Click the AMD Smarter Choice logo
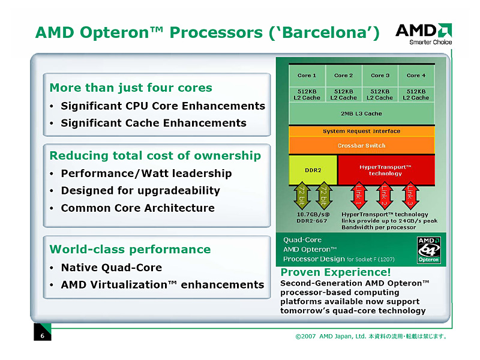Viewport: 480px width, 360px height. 423,34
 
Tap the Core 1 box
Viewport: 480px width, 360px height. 307,76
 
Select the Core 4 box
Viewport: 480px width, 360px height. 416,76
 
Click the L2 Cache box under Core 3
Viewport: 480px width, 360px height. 379,94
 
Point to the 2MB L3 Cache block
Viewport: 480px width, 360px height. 361,113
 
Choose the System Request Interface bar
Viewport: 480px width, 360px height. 361,131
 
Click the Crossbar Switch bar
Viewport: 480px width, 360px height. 361,146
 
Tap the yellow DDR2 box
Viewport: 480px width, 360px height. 313,170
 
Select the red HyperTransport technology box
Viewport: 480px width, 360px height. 385,170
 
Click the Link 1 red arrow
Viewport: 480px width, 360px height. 359,196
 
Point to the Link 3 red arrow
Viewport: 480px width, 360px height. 410,196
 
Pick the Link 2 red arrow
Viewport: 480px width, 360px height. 385,196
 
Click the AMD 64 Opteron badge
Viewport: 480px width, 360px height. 428,249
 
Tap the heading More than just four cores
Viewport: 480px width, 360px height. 131,88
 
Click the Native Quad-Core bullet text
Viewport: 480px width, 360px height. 112,268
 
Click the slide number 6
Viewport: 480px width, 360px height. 42,336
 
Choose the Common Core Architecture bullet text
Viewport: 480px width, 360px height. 137,208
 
